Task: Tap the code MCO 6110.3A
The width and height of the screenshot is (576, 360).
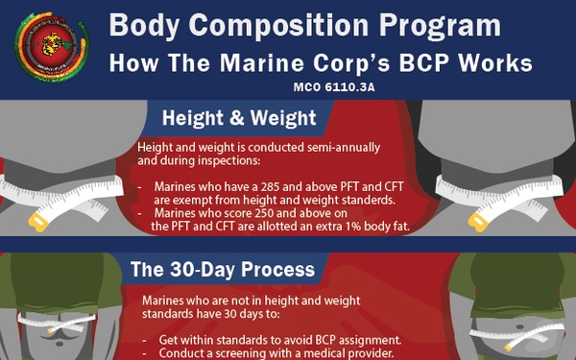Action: (340, 86)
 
